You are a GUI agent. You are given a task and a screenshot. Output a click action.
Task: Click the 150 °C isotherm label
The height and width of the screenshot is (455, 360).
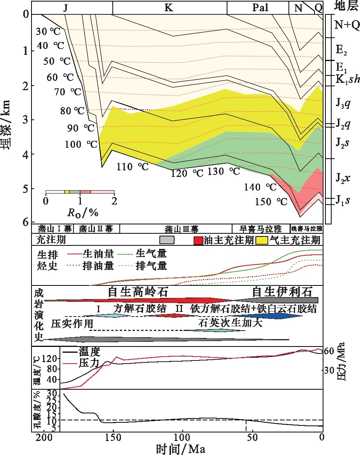coord(271,202)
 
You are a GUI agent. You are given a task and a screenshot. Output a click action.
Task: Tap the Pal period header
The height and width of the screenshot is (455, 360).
coord(257,7)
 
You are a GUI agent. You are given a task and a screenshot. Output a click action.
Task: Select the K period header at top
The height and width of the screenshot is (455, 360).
coord(169,7)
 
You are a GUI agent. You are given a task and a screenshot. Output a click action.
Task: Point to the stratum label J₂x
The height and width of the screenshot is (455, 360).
coord(343,178)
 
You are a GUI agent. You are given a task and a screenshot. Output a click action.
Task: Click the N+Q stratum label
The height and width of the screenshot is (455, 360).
coord(347,25)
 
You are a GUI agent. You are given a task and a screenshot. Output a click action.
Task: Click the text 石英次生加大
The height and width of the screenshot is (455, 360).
coord(225,322)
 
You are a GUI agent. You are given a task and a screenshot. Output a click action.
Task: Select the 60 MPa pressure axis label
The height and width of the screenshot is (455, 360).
coord(335,351)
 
